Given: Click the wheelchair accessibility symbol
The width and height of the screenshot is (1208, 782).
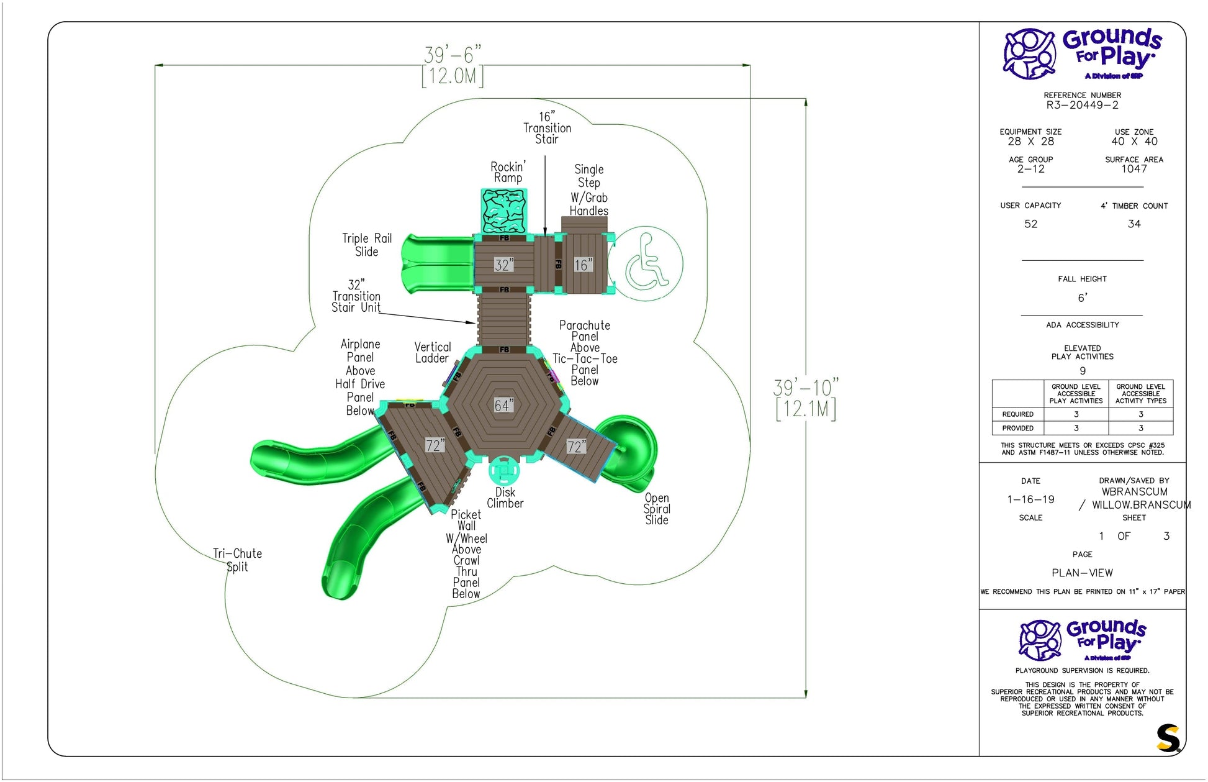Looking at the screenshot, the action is (646, 263).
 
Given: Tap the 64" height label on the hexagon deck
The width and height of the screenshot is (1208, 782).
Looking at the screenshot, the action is (503, 406).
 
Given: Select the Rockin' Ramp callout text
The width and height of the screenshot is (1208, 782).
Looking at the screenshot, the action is (508, 172).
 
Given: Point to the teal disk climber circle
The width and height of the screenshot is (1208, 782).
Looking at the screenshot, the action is (504, 471).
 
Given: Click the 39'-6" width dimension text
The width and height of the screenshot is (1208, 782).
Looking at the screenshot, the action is (453, 55).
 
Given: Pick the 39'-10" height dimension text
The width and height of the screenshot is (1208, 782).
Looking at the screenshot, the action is (806, 388).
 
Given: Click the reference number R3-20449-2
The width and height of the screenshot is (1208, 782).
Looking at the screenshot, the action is (1082, 105).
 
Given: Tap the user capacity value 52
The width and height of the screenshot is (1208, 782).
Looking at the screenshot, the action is (1030, 224).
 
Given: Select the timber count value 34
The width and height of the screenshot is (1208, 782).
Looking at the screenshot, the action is (1134, 224).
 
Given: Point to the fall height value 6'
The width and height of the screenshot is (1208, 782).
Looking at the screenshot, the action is (1082, 298).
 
